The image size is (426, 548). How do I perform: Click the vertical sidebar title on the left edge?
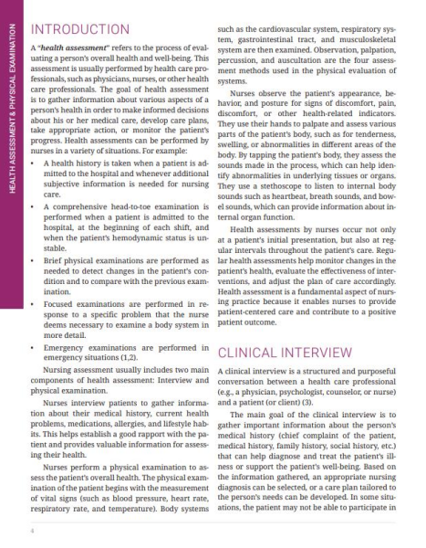[x=10, y=146]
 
